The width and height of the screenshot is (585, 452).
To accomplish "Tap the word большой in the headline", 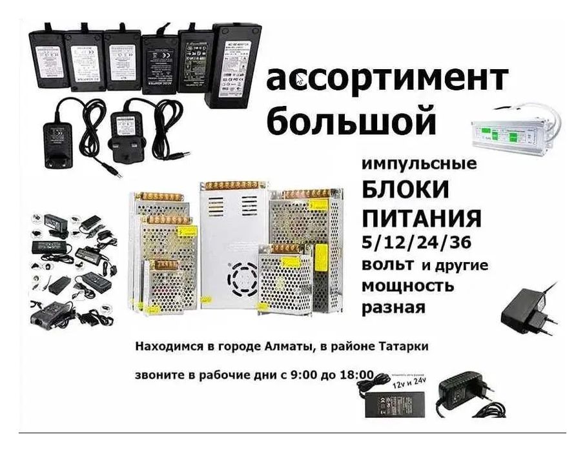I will pos(351,121).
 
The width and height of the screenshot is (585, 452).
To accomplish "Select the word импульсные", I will pos(419,164).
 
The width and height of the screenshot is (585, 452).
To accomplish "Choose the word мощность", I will pos(407,285).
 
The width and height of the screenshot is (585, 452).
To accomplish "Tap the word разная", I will pos(393,307).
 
